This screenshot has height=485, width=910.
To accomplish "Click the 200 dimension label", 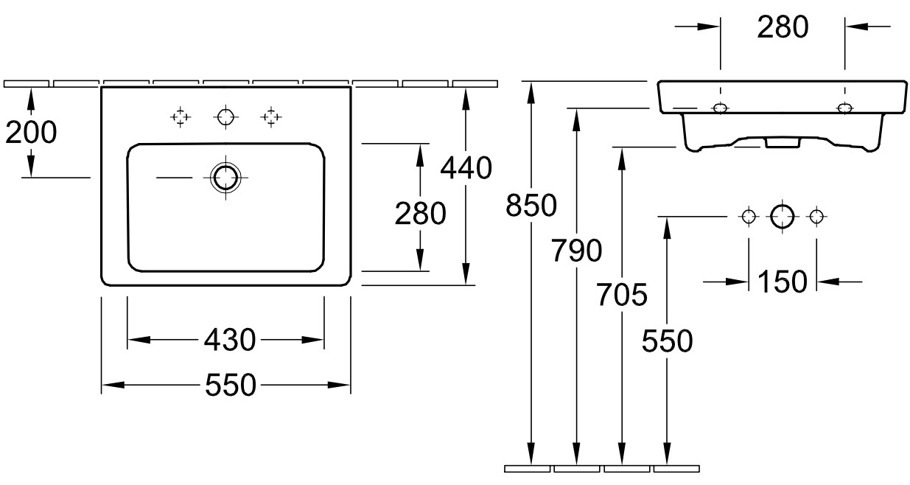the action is click(31, 132).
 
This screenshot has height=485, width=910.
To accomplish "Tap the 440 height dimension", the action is click(466, 167).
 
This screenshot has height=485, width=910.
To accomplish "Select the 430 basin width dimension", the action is click(230, 340).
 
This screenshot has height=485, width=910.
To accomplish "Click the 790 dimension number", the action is click(576, 250).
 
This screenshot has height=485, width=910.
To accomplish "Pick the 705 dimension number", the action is click(622, 294).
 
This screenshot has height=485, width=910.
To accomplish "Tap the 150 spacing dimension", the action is click(783, 282).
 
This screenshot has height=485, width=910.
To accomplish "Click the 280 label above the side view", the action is click(783, 27).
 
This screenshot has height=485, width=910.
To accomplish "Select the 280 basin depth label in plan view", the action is click(421, 214).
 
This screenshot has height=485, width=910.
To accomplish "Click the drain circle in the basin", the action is click(225, 178).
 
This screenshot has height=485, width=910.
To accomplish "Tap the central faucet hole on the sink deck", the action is click(225, 116).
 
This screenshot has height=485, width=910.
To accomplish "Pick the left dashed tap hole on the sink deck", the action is click(181, 117).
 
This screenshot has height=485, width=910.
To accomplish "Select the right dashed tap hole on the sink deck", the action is click(271, 117).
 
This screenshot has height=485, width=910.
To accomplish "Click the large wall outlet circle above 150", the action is click(782, 216).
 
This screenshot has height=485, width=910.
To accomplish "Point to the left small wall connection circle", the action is click(749, 216).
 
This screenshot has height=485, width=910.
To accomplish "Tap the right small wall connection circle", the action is click(816, 216).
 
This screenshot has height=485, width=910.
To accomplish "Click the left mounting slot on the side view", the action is click(721, 108).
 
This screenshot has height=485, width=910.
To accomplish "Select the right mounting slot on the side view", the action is click(844, 108).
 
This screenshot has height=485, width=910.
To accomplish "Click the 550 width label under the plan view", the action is click(231, 385).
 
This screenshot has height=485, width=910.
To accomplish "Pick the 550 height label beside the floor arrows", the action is click(667, 341).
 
